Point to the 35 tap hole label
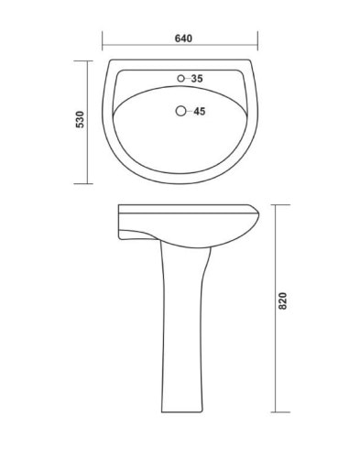pos(197,79)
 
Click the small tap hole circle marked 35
pos(180,79)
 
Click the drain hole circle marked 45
pos(180,113)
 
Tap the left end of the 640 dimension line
pos(103,48)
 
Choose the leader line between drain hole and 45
pos(189,113)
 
